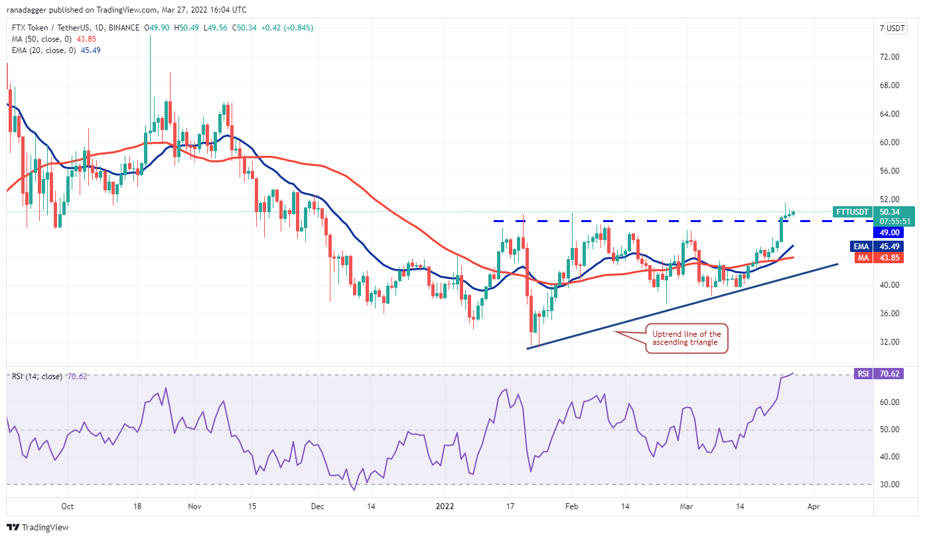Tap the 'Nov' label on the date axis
194,506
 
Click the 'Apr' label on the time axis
814,506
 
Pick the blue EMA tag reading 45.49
870,247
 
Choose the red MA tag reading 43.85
870,258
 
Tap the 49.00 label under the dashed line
889,232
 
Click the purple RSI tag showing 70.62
870,374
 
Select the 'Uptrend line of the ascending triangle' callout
685,337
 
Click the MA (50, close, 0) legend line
50,39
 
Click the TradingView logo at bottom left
38,528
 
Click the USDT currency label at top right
896,29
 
